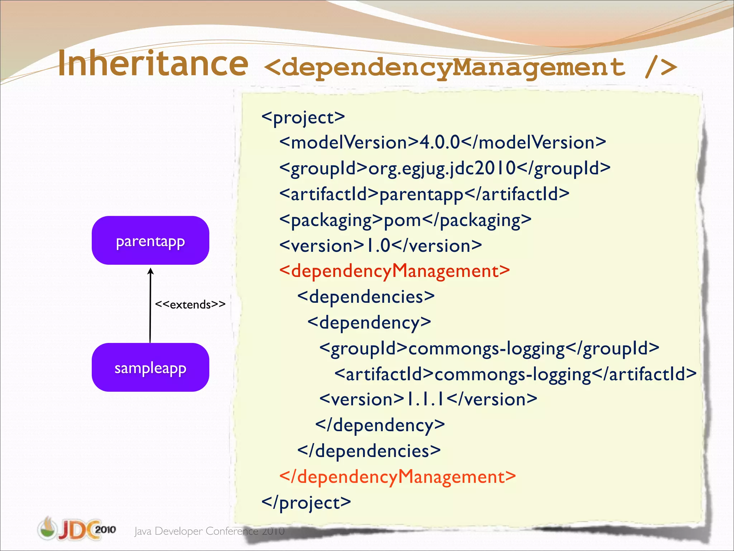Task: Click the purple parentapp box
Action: point(150,240)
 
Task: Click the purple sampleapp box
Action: point(150,367)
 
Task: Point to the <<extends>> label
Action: point(190,305)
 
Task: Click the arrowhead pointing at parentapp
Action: point(151,272)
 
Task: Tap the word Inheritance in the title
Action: point(153,64)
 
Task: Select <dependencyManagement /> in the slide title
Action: point(470,67)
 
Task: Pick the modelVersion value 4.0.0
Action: point(439,142)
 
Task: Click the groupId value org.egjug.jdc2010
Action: point(442,169)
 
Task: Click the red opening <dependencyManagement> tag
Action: point(394,271)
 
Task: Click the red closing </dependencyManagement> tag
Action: point(397,477)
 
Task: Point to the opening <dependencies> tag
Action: point(366,297)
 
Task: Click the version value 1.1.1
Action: point(425,399)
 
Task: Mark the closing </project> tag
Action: point(306,503)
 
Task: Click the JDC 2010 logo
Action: point(77,529)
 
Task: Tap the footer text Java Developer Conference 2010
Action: point(209,531)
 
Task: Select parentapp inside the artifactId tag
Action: point(421,194)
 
